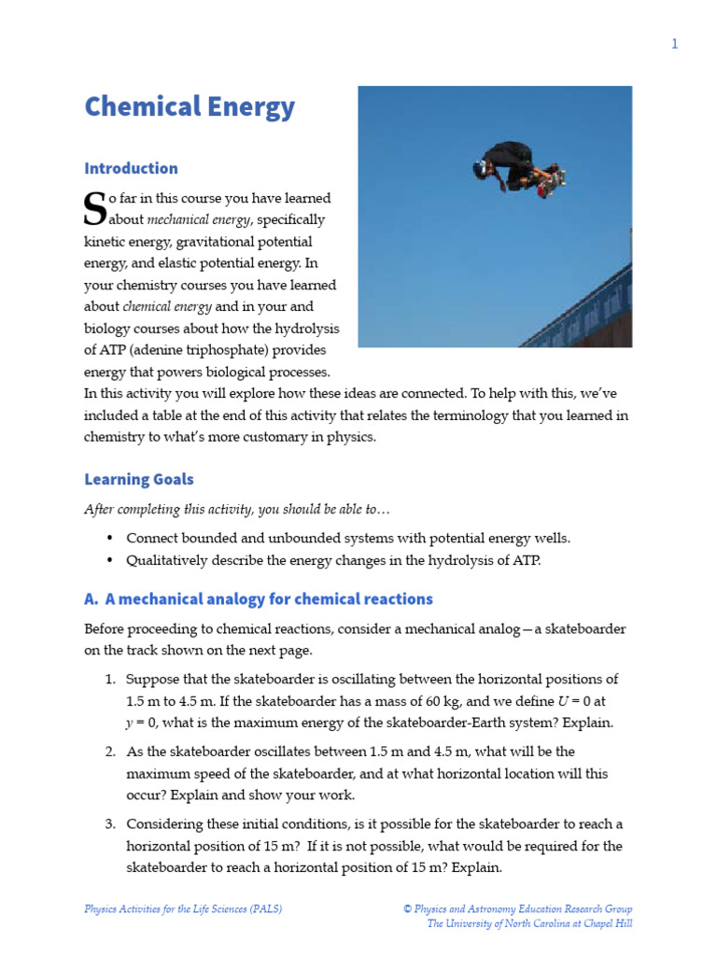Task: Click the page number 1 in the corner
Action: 674,44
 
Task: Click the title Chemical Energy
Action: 190,106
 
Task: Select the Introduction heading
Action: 131,168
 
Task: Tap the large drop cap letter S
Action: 94,208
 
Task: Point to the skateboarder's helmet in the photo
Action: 481,168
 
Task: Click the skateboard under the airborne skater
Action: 555,176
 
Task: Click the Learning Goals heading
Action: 139,479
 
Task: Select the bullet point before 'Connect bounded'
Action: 110,539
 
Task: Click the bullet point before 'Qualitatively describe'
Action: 110,561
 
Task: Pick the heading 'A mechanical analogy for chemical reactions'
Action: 259,598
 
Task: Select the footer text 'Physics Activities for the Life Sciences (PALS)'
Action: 183,908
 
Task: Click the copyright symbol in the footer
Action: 407,908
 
